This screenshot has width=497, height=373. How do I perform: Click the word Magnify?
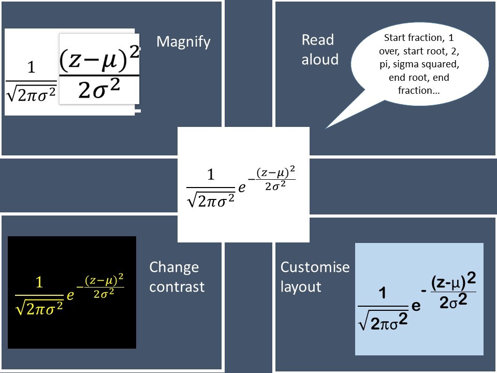click(x=183, y=41)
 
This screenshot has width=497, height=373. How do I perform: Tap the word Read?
click(x=317, y=40)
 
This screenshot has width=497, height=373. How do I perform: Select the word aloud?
click(x=320, y=59)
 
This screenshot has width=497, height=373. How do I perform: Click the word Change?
click(x=174, y=267)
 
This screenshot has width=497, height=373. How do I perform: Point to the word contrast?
click(x=177, y=286)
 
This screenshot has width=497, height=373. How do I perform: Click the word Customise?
click(x=315, y=267)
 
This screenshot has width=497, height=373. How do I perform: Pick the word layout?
click(x=300, y=286)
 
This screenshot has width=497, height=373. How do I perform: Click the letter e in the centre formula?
click(x=242, y=189)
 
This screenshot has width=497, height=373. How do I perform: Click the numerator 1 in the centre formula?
click(x=211, y=175)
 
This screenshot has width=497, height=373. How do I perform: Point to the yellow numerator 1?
click(x=39, y=282)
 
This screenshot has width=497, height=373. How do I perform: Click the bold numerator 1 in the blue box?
click(x=382, y=293)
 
